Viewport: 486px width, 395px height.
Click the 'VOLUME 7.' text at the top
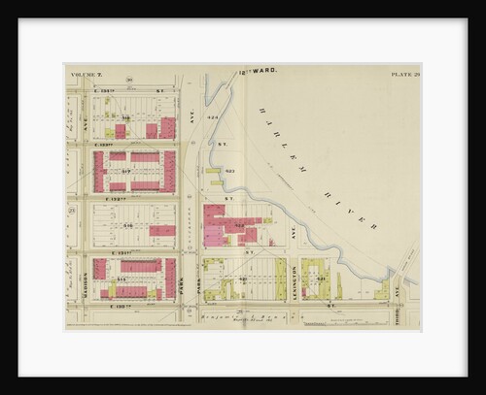tap(87, 74)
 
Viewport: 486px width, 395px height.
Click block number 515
tap(121, 279)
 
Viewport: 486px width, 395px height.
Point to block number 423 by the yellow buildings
tap(229, 172)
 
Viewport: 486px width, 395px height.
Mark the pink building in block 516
tap(163, 231)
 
